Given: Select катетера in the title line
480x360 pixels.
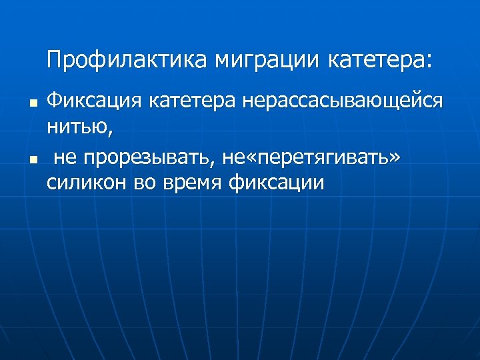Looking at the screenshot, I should (x=377, y=61).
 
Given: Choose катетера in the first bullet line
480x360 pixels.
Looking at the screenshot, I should (x=193, y=103).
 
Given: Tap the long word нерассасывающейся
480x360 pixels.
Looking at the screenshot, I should (x=343, y=103).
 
